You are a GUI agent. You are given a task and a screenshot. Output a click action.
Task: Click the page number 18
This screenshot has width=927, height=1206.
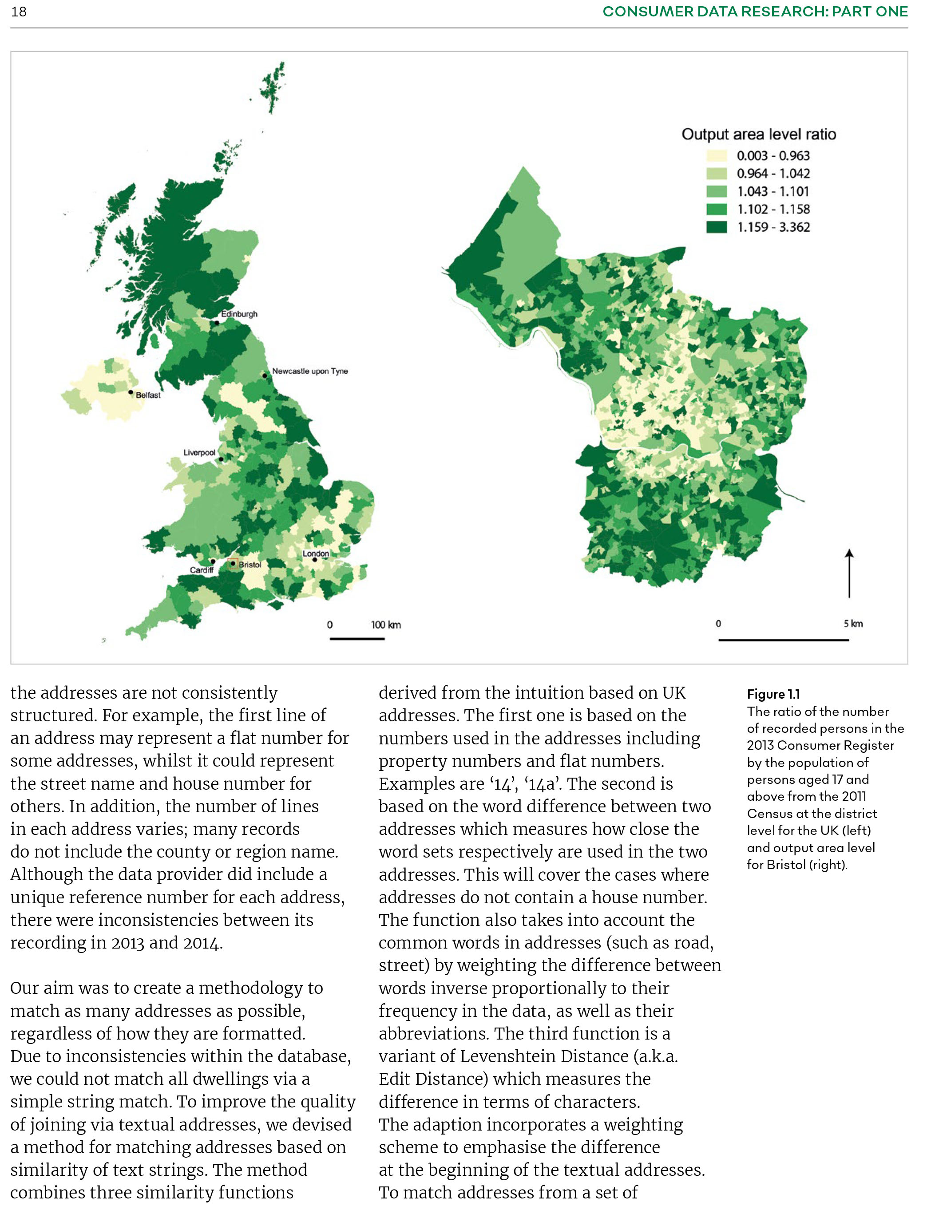(19, 12)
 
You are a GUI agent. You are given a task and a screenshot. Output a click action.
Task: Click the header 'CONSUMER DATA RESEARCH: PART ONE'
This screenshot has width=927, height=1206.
(754, 12)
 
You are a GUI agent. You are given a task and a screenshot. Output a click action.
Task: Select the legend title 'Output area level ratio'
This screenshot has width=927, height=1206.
(758, 134)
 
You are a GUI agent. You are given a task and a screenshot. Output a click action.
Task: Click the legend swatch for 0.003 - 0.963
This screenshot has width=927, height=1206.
(716, 156)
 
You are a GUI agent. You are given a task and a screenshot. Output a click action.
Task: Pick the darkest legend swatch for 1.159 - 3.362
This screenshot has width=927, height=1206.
(716, 227)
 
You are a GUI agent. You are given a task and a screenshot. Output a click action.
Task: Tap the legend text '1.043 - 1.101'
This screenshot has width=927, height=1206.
(772, 191)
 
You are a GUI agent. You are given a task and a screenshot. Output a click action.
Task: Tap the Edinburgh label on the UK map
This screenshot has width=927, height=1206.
(239, 314)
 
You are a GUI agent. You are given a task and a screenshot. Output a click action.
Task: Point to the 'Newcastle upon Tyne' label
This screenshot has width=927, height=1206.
(309, 371)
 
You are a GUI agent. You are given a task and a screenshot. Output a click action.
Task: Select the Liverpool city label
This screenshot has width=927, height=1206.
(199, 452)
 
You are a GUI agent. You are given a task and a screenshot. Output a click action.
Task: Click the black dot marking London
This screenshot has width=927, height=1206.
(314, 560)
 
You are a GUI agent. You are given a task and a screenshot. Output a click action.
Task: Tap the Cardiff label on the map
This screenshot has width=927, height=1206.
(202, 570)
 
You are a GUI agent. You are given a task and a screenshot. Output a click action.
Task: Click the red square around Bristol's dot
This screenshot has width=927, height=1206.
(233, 563)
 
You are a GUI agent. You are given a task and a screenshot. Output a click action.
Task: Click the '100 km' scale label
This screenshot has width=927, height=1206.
(385, 625)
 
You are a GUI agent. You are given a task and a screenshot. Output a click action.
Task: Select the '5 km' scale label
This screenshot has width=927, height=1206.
(852, 623)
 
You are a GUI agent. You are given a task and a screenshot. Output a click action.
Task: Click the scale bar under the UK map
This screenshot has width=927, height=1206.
(357, 639)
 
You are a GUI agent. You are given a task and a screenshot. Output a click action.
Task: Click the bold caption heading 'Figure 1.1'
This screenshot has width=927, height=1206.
(773, 694)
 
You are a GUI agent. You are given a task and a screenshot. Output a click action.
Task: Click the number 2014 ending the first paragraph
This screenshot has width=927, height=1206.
(202, 943)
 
